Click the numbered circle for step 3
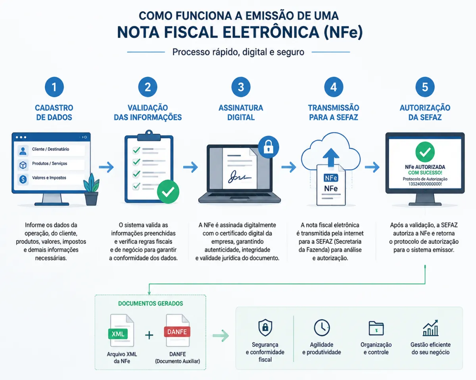(241, 87)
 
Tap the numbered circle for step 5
(425, 87)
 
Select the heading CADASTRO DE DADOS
(54, 112)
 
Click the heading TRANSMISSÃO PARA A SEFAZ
(334, 112)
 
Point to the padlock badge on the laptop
(268, 147)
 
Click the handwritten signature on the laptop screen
(239, 177)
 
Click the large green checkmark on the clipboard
(168, 192)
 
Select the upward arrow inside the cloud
(331, 158)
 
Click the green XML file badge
(118, 334)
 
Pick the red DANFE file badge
(177, 332)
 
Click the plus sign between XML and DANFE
(149, 335)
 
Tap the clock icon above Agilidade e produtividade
(322, 328)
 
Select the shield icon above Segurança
(265, 328)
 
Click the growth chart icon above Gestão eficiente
(430, 328)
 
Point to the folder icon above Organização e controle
(376, 328)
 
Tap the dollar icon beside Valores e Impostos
(23, 179)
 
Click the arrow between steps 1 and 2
(106, 167)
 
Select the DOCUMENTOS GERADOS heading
(151, 303)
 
